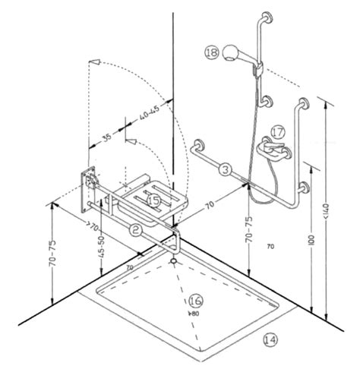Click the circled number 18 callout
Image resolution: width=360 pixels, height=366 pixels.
coord(212,52)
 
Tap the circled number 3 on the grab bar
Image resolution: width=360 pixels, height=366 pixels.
coord(226,169)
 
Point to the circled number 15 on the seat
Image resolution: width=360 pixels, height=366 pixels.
coord(154,200)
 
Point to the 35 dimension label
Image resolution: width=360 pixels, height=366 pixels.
coord(108,139)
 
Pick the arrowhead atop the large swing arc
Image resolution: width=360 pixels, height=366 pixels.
coord(93,60)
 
